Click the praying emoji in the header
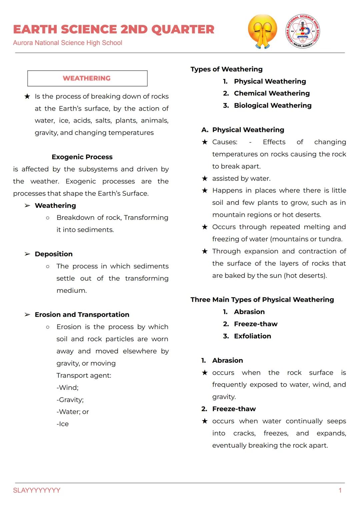click(x=263, y=32)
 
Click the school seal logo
click(x=303, y=32)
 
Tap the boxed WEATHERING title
click(x=87, y=78)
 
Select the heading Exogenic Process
click(x=82, y=157)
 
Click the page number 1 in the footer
click(x=340, y=490)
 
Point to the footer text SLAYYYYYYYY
click(x=37, y=490)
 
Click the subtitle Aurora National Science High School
click(x=68, y=43)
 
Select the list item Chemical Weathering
click(x=272, y=93)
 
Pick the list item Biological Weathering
click(x=273, y=106)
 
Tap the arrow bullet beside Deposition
click(x=27, y=254)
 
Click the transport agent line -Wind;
click(x=68, y=387)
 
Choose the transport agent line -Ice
click(x=63, y=424)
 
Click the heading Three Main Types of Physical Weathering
click(x=262, y=299)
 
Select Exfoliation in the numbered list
click(x=252, y=336)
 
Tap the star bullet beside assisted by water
click(x=205, y=179)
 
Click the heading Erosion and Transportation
click(x=82, y=314)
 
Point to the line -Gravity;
click(x=70, y=400)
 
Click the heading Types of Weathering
click(x=226, y=69)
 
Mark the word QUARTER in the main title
click(x=183, y=30)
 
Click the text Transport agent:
click(x=84, y=375)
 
